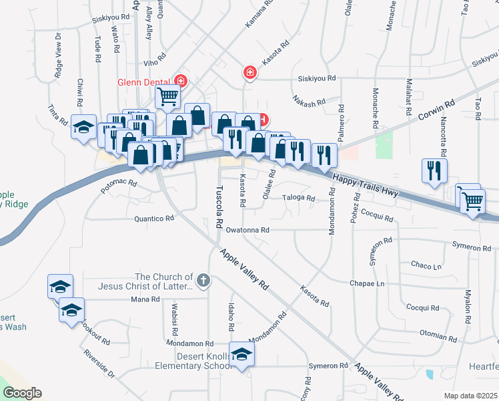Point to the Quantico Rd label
[154, 218]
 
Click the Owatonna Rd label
[247, 230]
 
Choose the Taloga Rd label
[298, 198]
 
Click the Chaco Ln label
[426, 265]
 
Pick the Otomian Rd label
[442, 331]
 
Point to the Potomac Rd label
[119, 182]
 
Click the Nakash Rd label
[309, 102]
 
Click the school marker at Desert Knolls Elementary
[241, 355]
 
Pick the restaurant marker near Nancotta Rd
[434, 170]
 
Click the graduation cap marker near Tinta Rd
[83, 127]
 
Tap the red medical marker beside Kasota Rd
[250, 72]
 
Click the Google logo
[22, 393]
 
